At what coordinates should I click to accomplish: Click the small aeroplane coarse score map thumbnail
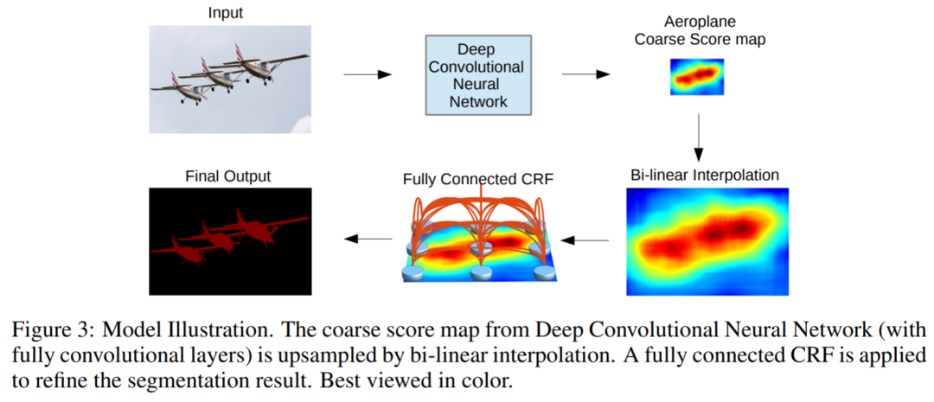pos(697,77)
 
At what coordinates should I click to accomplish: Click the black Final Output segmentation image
pos(229,241)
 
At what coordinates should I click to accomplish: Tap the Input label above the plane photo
pos(226,13)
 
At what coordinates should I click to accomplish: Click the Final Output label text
pos(228,176)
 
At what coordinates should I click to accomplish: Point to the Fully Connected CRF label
pos(477,181)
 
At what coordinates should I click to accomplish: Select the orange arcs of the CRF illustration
pos(477,216)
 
